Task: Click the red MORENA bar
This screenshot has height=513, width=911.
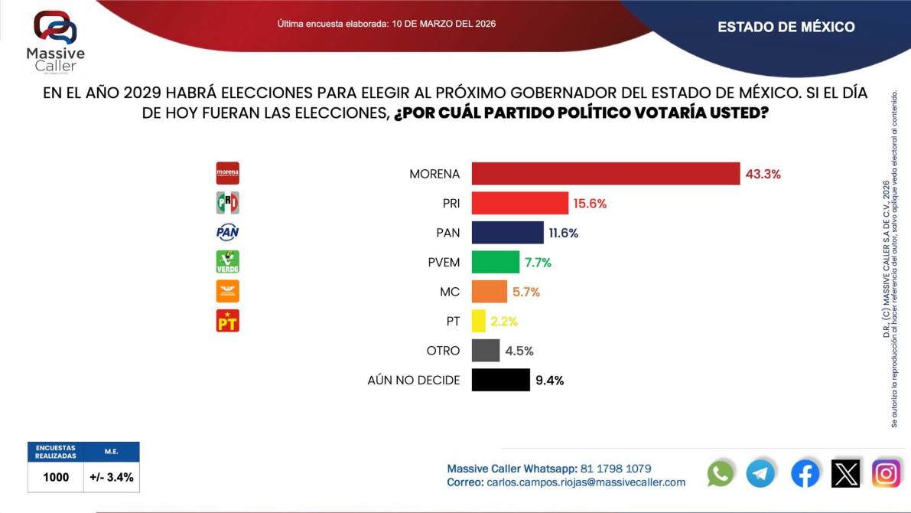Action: pyautogui.click(x=605, y=174)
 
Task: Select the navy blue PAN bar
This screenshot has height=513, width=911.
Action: pyautogui.click(x=507, y=233)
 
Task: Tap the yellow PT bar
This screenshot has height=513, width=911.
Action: pyautogui.click(x=479, y=321)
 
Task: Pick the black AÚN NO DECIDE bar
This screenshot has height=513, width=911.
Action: pyautogui.click(x=500, y=380)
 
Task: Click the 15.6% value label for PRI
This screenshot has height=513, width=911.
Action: pyautogui.click(x=590, y=204)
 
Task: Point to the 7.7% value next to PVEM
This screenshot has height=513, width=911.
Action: pyautogui.click(x=538, y=263)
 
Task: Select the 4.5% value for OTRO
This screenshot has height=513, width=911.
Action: pyautogui.click(x=519, y=351)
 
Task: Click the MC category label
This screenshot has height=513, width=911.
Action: pyautogui.click(x=450, y=292)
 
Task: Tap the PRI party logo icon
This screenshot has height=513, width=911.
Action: pyautogui.click(x=228, y=203)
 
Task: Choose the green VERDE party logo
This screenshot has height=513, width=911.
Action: pyautogui.click(x=228, y=262)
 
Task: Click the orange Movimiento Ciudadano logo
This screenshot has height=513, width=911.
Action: pyautogui.click(x=228, y=291)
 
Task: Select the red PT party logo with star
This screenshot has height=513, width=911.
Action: pyautogui.click(x=228, y=320)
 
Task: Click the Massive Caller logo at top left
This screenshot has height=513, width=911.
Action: pyautogui.click(x=55, y=42)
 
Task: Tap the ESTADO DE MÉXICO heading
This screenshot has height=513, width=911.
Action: pyautogui.click(x=786, y=27)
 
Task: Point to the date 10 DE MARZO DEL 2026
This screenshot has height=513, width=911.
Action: pyautogui.click(x=444, y=24)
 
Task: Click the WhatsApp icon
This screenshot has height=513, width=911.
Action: pyautogui.click(x=721, y=473)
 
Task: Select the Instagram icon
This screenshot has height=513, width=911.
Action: pyautogui.click(x=887, y=473)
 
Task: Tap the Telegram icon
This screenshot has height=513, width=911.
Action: pyautogui.click(x=760, y=473)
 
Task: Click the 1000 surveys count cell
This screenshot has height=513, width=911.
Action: pyautogui.click(x=56, y=477)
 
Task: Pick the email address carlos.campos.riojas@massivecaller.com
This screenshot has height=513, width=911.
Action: pyautogui.click(x=586, y=482)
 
